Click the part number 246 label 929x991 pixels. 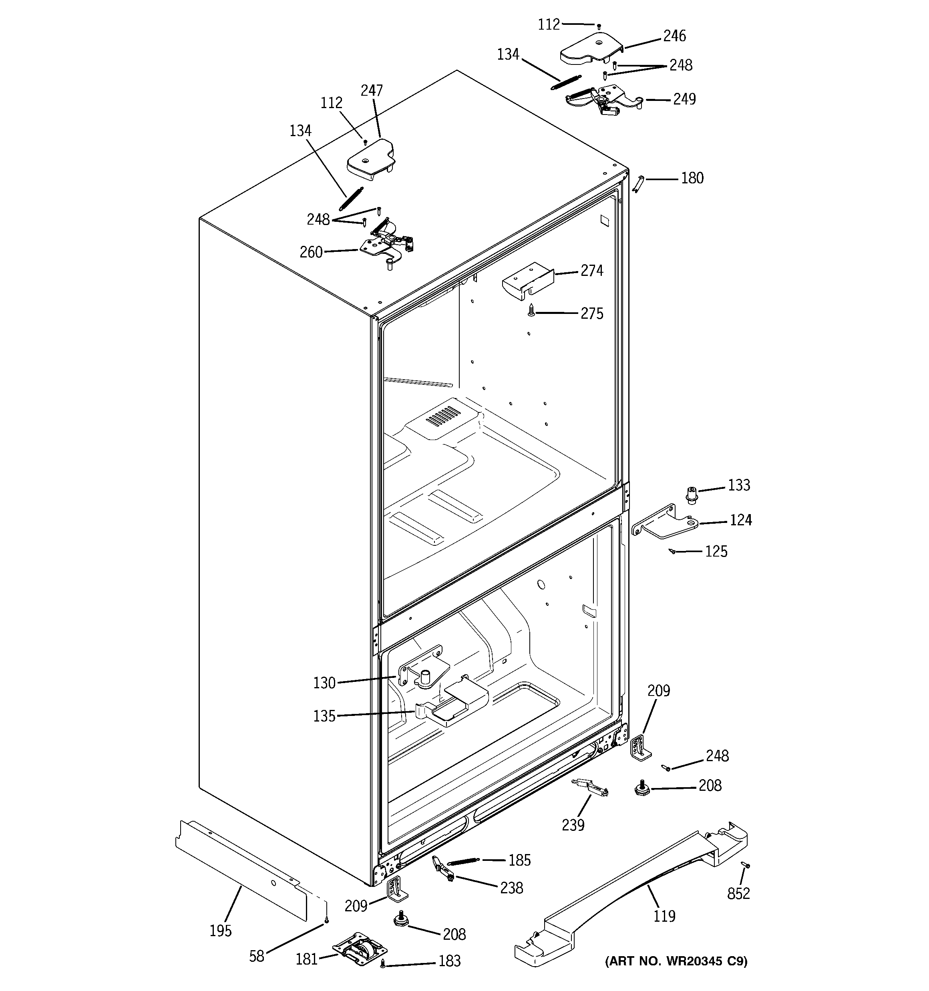[x=674, y=36]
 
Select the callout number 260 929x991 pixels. [x=311, y=252]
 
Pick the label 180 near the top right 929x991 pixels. [x=692, y=178]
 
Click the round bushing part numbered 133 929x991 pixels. [x=691, y=494]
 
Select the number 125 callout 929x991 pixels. [x=716, y=551]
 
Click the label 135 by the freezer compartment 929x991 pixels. [x=324, y=716]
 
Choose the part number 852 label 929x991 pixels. [x=738, y=894]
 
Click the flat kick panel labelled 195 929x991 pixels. [x=239, y=869]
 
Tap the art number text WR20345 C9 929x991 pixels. [x=676, y=961]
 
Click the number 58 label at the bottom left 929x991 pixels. [x=256, y=956]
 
